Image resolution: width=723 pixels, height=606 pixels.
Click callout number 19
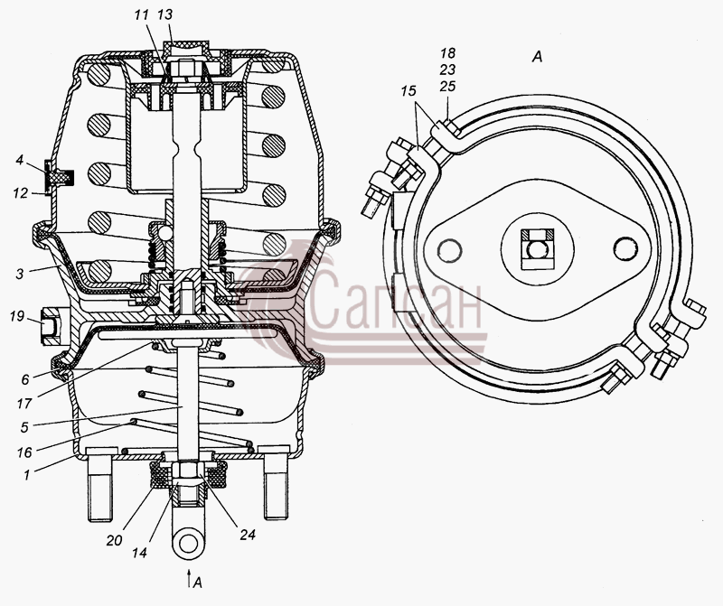(16, 317)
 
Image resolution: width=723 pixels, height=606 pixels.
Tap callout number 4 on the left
(19, 161)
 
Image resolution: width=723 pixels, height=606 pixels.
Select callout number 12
(20, 193)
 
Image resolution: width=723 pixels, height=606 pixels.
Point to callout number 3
(19, 274)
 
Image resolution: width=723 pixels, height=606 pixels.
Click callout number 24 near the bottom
(248, 535)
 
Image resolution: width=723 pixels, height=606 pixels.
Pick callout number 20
(114, 540)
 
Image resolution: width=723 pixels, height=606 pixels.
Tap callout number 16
(24, 452)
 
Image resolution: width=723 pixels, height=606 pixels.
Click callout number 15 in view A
(408, 91)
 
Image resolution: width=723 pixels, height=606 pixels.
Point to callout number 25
(447, 86)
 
